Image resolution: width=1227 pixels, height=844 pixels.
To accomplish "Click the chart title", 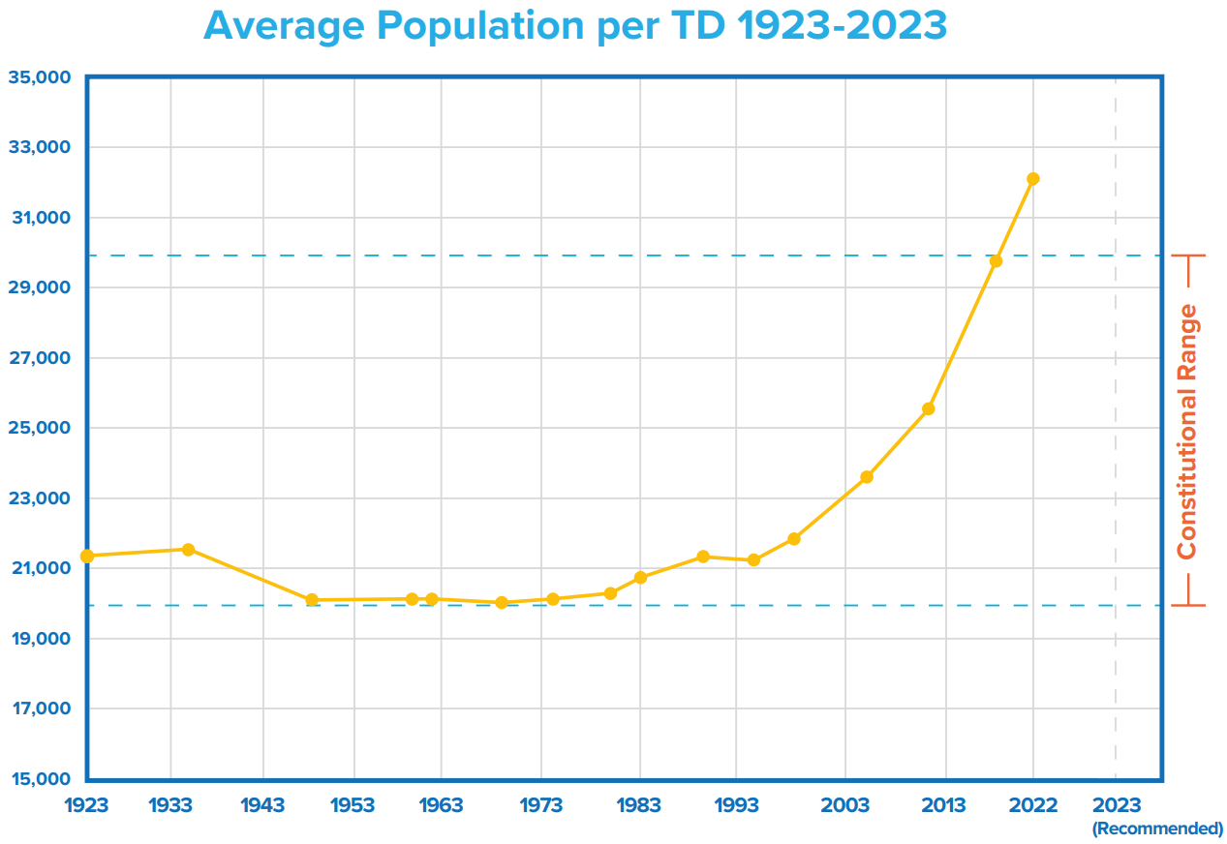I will tap(574, 27).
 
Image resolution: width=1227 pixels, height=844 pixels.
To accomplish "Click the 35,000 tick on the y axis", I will tap(40, 77).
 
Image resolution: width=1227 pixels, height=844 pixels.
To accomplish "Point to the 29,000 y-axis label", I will tap(40, 288).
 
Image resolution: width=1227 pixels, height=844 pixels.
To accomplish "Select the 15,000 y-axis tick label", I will tap(40, 779).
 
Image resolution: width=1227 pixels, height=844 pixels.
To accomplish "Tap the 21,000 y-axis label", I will tap(40, 568).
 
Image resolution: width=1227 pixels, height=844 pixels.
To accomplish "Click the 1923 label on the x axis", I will tap(87, 805).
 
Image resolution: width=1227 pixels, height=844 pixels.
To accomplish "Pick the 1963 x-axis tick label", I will tap(441, 805).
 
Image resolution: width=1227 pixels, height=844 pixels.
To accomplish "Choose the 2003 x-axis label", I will tap(845, 805).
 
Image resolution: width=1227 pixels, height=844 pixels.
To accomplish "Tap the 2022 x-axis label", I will tap(1032, 805).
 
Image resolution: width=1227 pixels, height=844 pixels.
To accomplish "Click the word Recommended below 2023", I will tap(1157, 829).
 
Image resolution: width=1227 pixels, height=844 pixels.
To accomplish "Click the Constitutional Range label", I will tap(1187, 432).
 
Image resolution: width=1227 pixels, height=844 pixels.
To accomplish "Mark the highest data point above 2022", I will tap(1033, 179).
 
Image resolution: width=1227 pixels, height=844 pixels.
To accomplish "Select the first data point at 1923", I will tap(87, 556).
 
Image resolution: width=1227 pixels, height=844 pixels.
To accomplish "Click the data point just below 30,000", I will tap(996, 261).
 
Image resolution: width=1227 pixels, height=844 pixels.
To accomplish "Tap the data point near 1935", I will tap(189, 550).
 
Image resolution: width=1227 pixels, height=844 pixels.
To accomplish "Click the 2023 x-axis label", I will tap(1116, 805).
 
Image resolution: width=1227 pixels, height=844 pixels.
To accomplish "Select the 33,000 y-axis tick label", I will tap(40, 148).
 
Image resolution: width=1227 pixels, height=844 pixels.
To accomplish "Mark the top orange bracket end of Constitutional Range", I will tap(1188, 256).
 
